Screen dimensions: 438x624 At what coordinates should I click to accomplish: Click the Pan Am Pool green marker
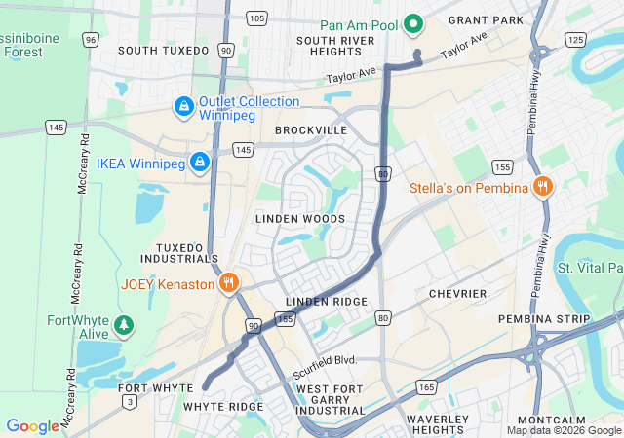412,24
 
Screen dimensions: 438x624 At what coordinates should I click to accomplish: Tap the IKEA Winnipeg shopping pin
200,161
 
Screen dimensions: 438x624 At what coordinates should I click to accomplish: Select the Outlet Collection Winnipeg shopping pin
183,105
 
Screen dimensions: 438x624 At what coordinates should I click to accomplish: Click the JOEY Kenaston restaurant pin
228,283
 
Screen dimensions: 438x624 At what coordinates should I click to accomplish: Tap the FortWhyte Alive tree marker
124,325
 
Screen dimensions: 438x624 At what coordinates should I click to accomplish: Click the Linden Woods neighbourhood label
300,219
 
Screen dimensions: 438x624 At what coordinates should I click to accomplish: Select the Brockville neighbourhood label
311,129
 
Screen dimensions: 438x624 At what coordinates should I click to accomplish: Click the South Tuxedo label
163,50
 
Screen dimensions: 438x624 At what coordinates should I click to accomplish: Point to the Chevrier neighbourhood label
457,294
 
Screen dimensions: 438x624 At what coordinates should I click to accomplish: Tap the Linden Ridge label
327,302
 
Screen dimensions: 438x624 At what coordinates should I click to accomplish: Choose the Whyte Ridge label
223,406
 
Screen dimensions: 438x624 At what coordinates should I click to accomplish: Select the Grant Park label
485,19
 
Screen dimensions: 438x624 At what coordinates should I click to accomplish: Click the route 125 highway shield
576,40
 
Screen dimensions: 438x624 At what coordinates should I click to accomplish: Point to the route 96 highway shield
91,40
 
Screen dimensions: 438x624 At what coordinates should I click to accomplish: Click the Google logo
32,426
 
